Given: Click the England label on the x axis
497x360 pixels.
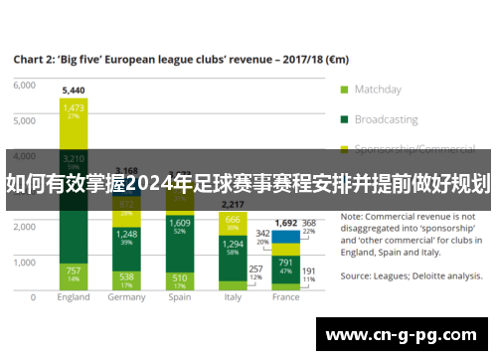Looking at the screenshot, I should [x=74, y=297].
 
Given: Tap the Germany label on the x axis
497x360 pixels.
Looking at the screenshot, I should [x=126, y=297].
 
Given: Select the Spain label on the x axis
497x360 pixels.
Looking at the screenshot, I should [x=179, y=297].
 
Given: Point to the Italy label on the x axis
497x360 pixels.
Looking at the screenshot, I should [x=232, y=297].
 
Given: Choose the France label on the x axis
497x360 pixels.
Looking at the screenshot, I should [x=285, y=297].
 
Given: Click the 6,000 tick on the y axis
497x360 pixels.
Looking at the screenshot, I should [x=23, y=86].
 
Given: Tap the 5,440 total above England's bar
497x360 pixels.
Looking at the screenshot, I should [x=74, y=90].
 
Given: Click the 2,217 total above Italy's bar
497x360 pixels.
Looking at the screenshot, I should [x=232, y=204].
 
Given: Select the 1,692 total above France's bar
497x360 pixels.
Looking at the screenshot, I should [x=285, y=223].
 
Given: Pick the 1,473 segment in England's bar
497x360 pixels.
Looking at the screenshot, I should [x=74, y=109].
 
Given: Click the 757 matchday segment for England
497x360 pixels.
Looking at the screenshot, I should [x=74, y=273].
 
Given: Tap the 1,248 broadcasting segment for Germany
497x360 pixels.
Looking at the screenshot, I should [x=126, y=237].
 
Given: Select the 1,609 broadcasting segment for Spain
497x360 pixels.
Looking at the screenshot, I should [x=179, y=226].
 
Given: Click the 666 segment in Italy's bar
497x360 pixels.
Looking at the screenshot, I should [x=232, y=221].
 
